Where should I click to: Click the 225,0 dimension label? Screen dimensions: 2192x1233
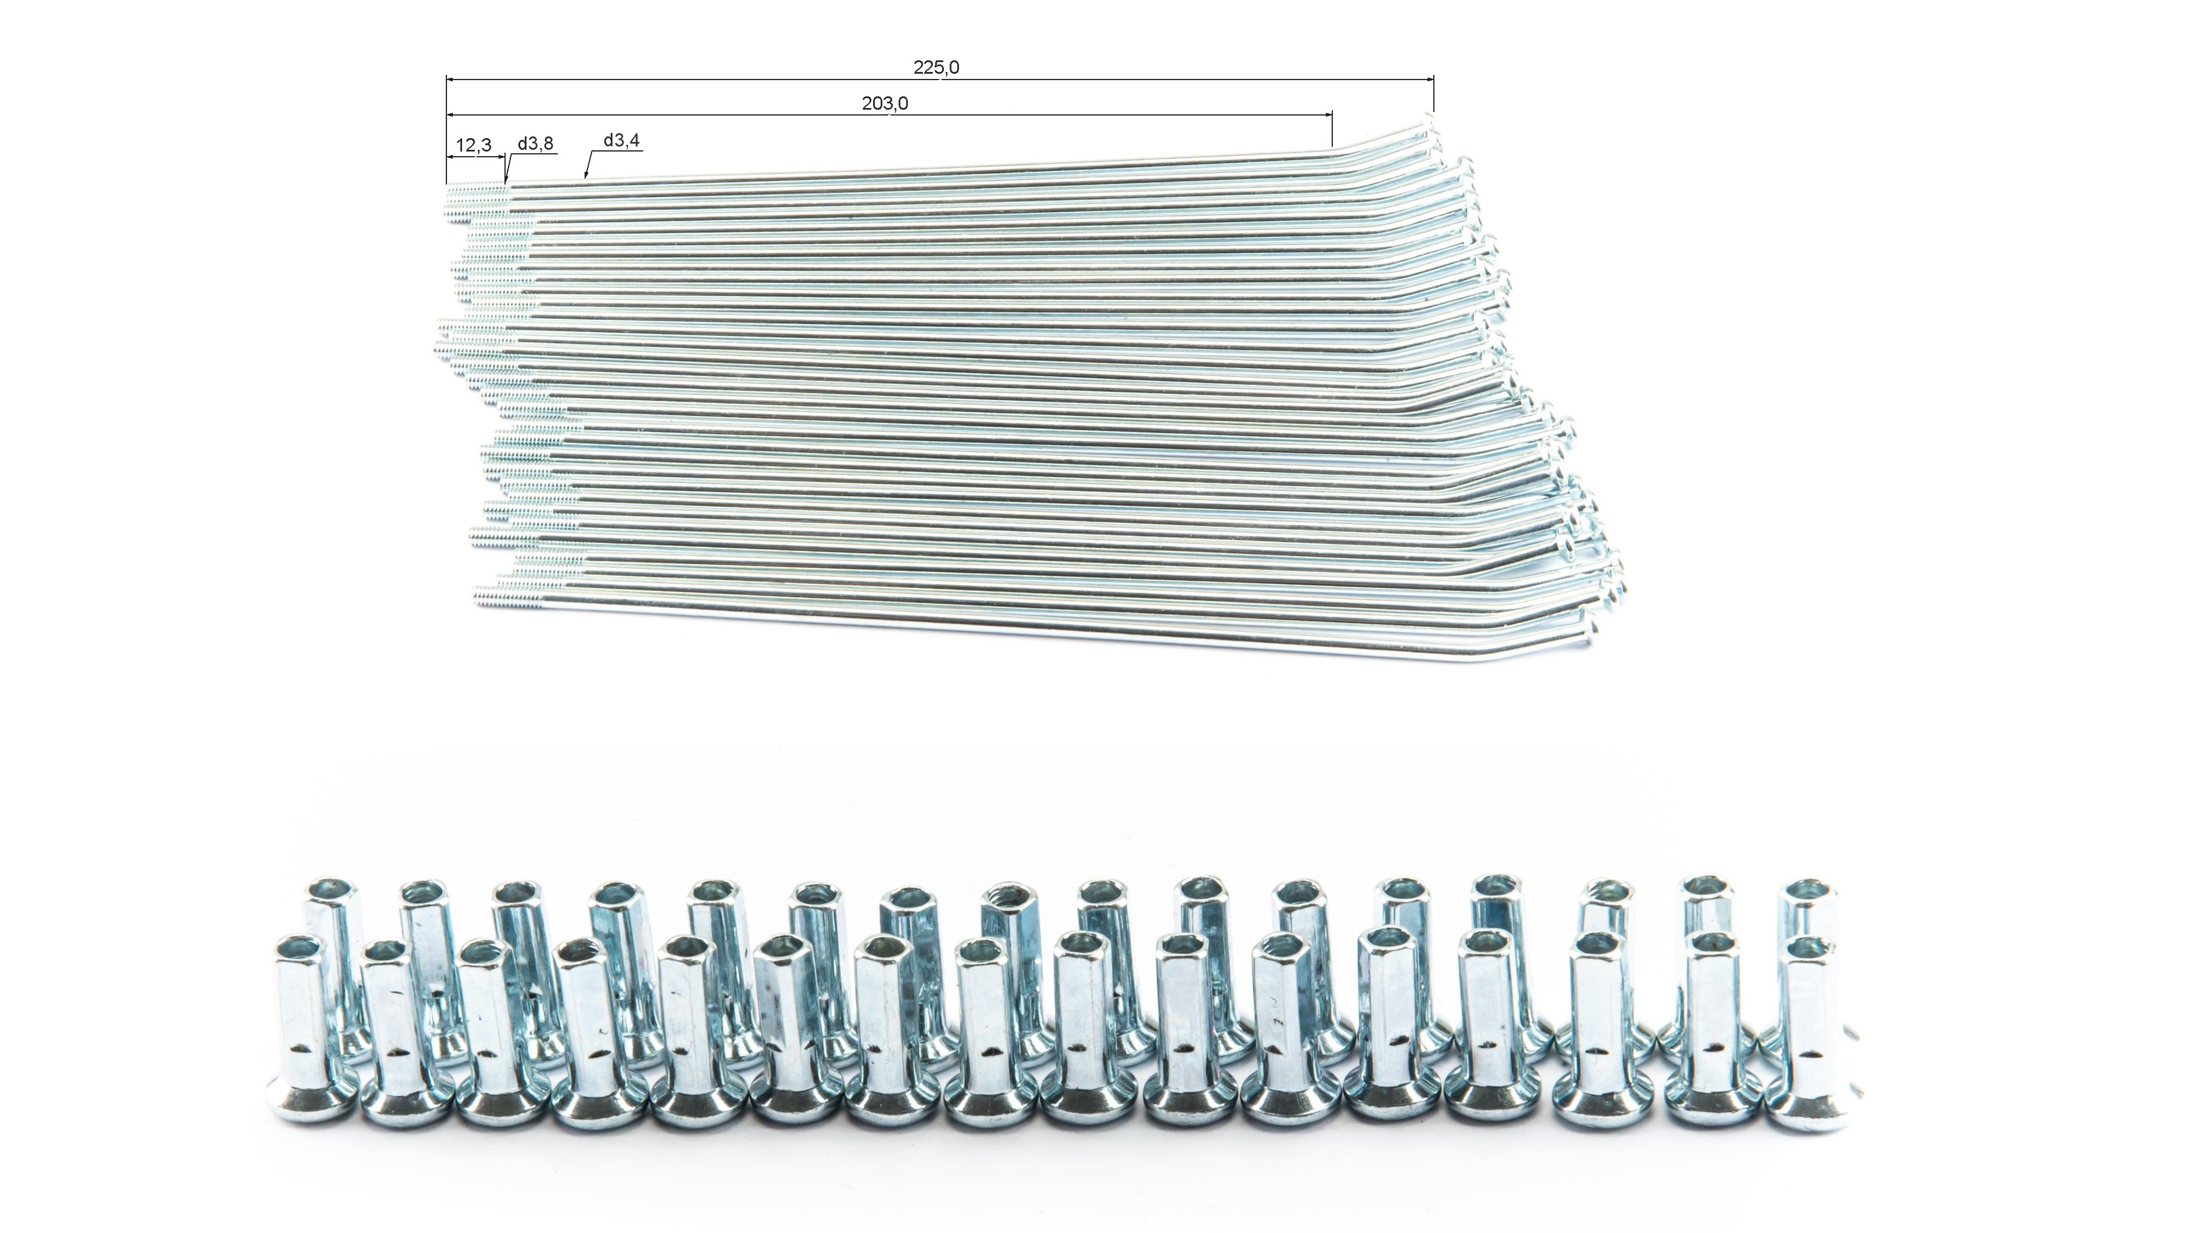[936, 67]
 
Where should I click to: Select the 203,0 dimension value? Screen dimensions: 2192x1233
[885, 104]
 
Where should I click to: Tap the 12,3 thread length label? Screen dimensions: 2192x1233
[473, 146]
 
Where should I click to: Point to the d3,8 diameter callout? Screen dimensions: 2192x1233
[536, 144]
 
